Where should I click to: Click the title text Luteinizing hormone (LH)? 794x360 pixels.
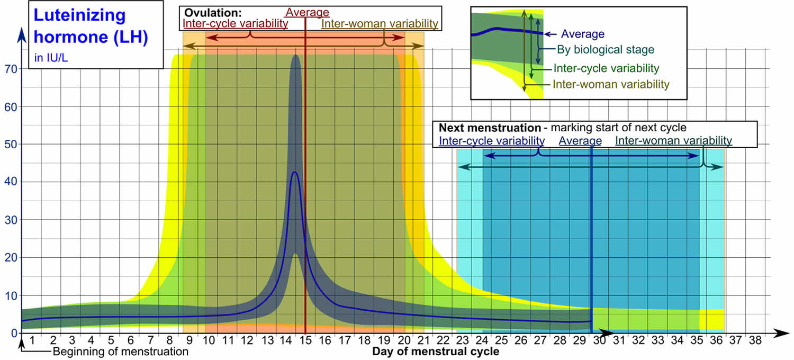coord(91,26)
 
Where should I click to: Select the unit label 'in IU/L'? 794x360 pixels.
coord(51,58)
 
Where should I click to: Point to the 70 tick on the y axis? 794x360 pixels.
coord(10,69)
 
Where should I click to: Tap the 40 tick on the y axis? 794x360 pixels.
coord(10,182)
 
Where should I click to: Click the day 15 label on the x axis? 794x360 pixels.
coord(306,341)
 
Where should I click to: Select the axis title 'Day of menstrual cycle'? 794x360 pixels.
coord(435,352)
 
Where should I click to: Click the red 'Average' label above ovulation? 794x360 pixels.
coord(307,12)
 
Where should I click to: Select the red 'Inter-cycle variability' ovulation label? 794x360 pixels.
coord(235,23)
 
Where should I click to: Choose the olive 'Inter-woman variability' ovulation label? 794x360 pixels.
coord(380,23)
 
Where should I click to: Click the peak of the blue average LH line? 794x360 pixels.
coord(295,172)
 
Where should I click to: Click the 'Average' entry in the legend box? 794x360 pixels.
coord(582,34)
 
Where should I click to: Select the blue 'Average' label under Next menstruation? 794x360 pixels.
coord(580,141)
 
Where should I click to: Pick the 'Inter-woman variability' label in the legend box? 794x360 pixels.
coord(611,84)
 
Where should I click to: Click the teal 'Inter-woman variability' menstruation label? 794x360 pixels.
coord(673,141)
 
